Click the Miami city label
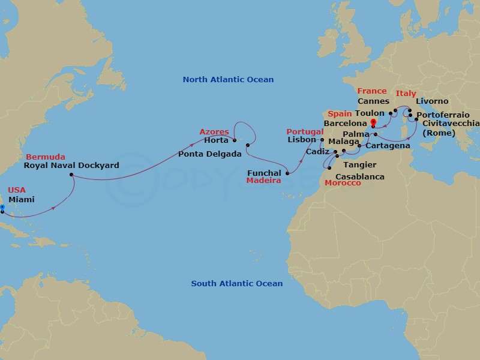click(x=21, y=200)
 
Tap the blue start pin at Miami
click(x=2, y=208)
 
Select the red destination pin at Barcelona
click(x=373, y=124)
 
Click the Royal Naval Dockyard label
click(x=71, y=165)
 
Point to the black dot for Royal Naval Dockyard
click(x=71, y=175)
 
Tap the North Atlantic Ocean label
click(x=228, y=80)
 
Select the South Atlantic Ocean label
click(x=236, y=284)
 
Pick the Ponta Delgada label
click(x=209, y=154)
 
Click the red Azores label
click(x=214, y=131)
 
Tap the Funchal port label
click(x=264, y=173)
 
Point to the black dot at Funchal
click(x=287, y=173)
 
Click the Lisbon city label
click(x=301, y=140)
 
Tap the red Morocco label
click(x=343, y=183)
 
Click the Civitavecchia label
click(x=451, y=124)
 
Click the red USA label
click(x=16, y=190)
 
